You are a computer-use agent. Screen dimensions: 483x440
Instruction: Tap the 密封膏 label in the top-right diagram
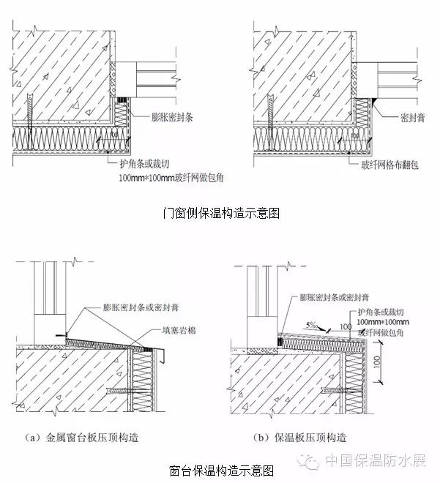click(x=414, y=116)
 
